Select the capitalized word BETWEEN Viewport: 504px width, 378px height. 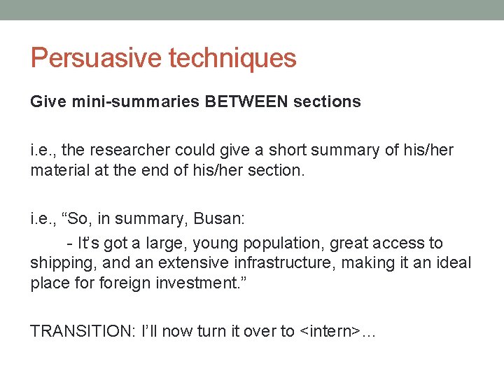pyautogui.click(x=247, y=102)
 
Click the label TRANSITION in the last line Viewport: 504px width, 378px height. pyautogui.click(x=76, y=332)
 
